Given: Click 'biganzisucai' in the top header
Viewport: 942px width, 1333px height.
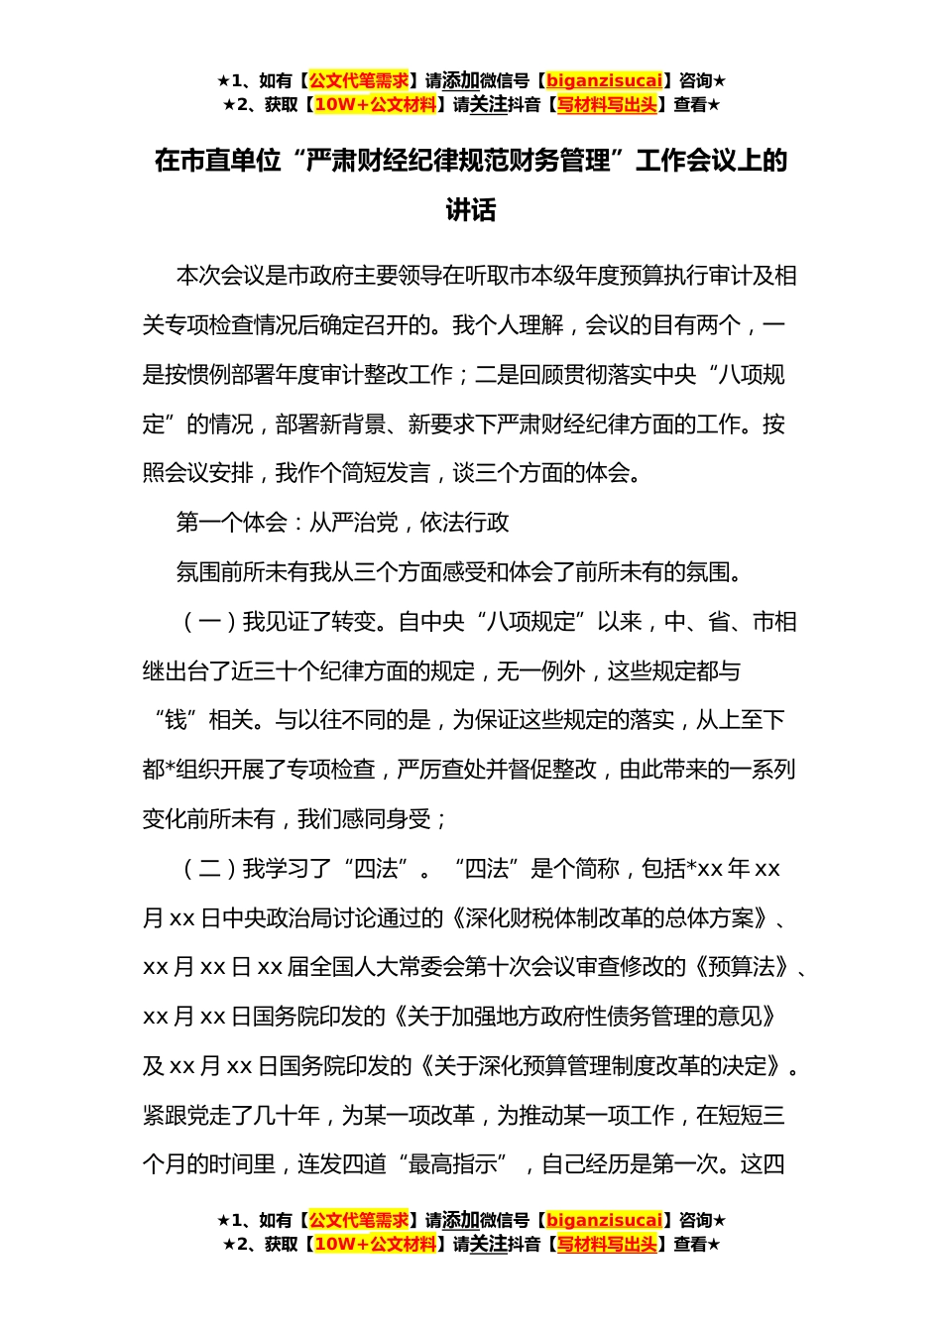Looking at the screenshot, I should (604, 80).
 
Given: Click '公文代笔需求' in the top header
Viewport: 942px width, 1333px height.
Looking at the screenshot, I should (359, 80).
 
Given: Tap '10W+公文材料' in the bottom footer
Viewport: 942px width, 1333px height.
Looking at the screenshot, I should (375, 1244).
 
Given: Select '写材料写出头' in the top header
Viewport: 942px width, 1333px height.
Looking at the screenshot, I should (607, 104).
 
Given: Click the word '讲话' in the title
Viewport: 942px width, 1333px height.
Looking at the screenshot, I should (471, 210).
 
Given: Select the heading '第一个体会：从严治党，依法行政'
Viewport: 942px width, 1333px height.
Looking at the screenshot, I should (342, 523).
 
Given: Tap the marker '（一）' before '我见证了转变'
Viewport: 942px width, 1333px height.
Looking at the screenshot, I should (209, 622).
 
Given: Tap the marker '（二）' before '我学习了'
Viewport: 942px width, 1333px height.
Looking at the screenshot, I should (209, 869).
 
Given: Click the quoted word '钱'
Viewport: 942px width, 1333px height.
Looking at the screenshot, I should (176, 720).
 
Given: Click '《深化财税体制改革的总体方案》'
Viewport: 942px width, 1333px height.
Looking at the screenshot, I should (609, 918).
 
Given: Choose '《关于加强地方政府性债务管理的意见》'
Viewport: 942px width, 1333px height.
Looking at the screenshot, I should (584, 1017).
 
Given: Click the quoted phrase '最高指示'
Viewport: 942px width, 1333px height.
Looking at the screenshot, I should (453, 1164).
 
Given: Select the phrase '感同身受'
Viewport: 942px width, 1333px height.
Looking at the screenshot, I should (387, 819).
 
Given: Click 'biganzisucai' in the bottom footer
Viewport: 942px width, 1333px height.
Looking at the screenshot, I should (604, 1220).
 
